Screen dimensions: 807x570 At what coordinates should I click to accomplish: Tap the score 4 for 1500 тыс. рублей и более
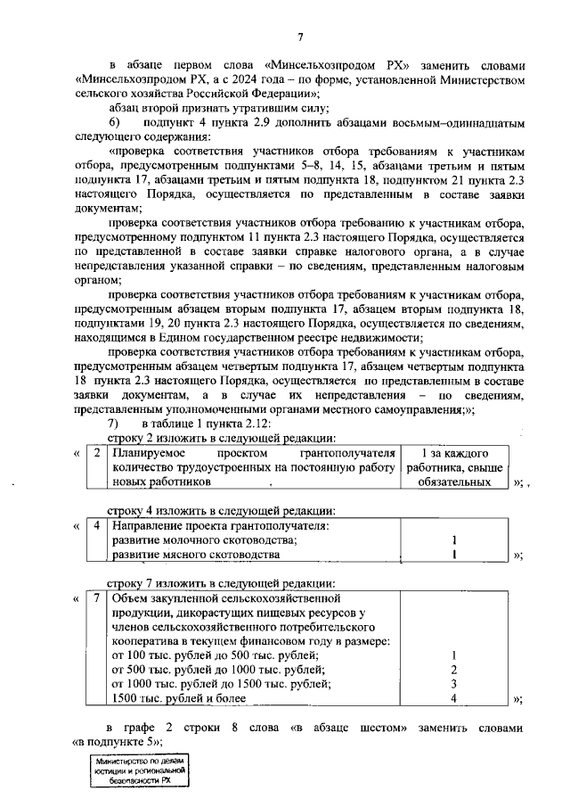point(454,698)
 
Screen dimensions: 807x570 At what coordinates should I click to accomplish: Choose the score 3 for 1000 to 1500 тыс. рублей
point(454,684)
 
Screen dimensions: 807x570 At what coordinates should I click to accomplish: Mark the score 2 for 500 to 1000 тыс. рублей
point(454,670)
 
